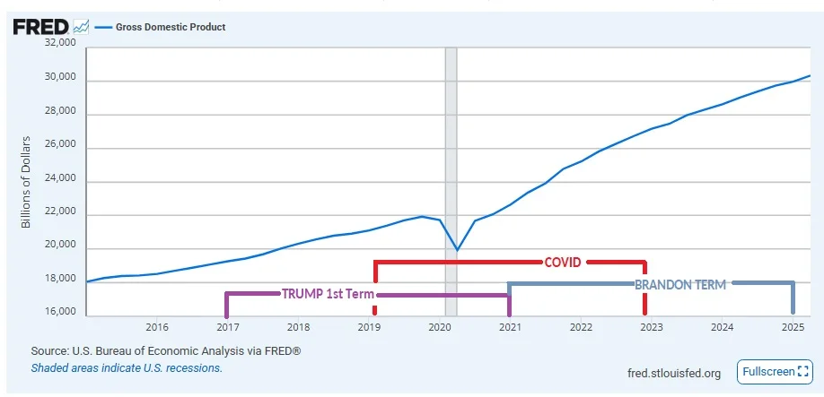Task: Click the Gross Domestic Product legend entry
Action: pyautogui.click(x=170, y=27)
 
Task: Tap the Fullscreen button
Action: pyautogui.click(x=773, y=371)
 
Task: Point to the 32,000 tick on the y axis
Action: pyautogui.click(x=60, y=42)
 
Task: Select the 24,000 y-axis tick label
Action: pyautogui.click(x=60, y=181)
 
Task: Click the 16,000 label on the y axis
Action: pyautogui.click(x=60, y=312)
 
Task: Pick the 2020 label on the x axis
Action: pyautogui.click(x=439, y=327)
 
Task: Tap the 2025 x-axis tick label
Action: pyautogui.click(x=792, y=327)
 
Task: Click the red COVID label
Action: pyautogui.click(x=563, y=263)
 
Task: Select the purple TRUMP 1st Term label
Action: pyautogui.click(x=328, y=294)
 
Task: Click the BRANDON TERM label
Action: pyautogui.click(x=680, y=284)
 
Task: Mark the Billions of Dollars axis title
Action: pyautogui.click(x=27, y=182)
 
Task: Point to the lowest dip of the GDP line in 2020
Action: pyautogui.click(x=457, y=250)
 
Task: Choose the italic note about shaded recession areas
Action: pyautogui.click(x=127, y=367)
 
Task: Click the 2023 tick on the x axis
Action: pyautogui.click(x=651, y=327)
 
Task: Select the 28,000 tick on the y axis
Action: pyautogui.click(x=60, y=115)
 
